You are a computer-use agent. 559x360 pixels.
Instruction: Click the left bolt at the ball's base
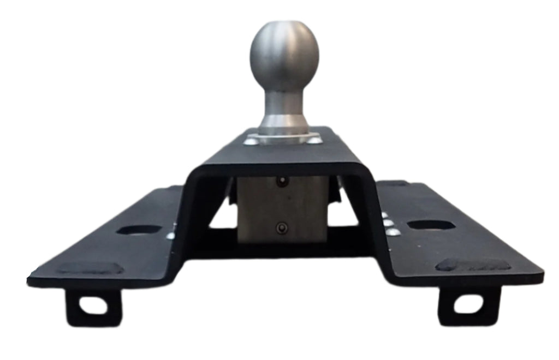coord(251,141)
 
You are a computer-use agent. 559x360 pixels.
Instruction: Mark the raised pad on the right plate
coord(473,265)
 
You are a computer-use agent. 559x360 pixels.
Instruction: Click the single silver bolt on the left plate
coord(171,236)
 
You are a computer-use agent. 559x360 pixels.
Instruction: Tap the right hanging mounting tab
coord(468,305)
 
